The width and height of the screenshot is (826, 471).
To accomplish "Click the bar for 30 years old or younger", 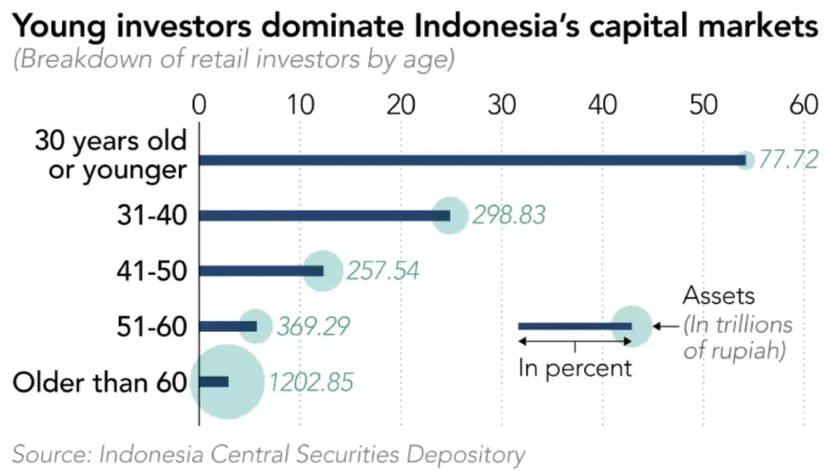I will point(468,160).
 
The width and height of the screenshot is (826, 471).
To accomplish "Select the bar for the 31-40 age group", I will point(324,215).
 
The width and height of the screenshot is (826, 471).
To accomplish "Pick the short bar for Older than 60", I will point(213,382).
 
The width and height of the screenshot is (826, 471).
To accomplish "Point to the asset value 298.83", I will point(509,215).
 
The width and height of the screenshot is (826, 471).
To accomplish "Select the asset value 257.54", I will point(383,271).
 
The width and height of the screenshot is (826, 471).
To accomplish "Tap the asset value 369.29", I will point(314,326).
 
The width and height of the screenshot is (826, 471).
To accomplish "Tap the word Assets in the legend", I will point(719,296).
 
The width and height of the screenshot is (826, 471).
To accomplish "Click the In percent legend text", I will point(575,368).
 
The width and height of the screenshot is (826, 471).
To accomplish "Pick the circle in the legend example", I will point(632,326).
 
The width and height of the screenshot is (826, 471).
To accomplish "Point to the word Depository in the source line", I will point(466,454).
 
